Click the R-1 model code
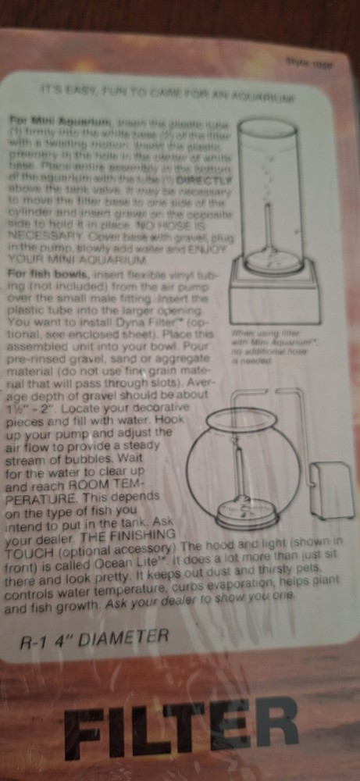pos(35,643)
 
